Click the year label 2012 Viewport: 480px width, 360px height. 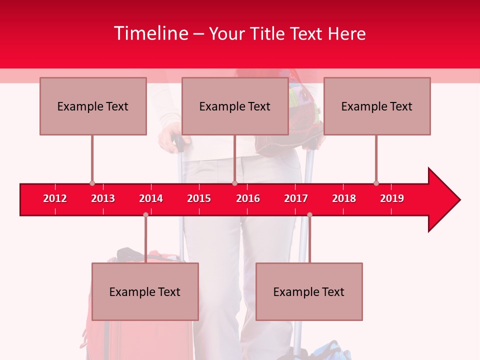pos(55,198)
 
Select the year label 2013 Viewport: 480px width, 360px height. pos(103,198)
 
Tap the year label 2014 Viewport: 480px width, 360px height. pos(151,198)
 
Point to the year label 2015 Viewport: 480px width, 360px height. pos(199,198)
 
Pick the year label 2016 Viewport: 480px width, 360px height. pos(248,198)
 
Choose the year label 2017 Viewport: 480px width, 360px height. pos(296,198)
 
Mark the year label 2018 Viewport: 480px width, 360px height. pos(344,198)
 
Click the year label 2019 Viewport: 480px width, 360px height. pos(392,198)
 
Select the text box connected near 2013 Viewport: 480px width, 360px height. pos(93,106)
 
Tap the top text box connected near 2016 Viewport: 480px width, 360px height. pos(235,106)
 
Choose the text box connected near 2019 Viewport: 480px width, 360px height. pos(377,106)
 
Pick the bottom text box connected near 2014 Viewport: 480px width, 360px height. pos(145,291)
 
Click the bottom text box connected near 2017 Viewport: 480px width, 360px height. pos(309,291)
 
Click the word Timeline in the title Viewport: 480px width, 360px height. pos(150,33)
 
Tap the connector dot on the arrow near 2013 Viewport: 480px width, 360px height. pos(92,183)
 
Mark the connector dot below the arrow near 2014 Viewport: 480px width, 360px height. pos(145,214)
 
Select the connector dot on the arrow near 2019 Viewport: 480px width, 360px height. pos(376,183)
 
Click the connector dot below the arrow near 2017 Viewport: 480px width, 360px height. pos(309,214)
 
